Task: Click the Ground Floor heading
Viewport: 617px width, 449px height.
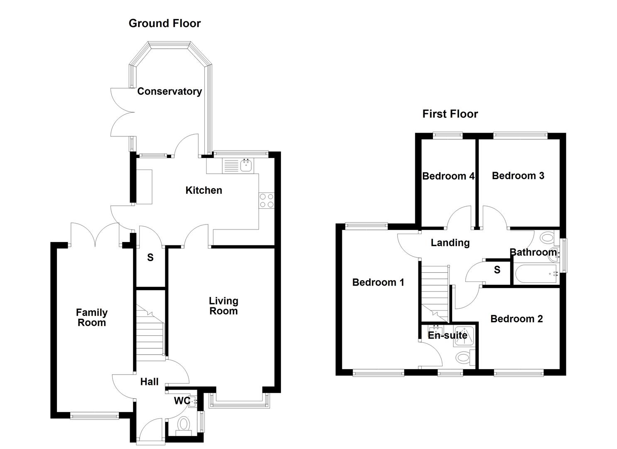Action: (165, 23)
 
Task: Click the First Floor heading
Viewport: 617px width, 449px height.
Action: (450, 114)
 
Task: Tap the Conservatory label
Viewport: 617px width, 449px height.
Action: (170, 91)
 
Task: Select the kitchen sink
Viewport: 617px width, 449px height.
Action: (246, 166)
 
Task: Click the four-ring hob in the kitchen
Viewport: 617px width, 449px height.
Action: (266, 200)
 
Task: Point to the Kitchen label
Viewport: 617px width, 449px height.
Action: (204, 190)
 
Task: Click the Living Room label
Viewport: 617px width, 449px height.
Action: (224, 306)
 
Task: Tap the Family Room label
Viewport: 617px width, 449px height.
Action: (92, 318)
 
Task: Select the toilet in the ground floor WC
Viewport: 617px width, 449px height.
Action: (183, 425)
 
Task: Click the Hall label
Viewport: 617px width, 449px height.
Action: (149, 382)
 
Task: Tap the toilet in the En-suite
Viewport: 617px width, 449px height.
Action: (463, 357)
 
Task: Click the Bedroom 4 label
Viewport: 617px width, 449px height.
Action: (448, 176)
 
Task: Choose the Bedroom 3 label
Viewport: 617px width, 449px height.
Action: (518, 176)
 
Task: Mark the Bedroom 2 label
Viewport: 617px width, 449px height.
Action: (516, 319)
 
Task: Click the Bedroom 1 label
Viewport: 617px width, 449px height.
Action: (378, 283)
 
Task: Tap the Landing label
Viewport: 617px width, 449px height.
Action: (450, 243)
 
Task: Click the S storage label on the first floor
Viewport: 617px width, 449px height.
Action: (497, 270)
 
